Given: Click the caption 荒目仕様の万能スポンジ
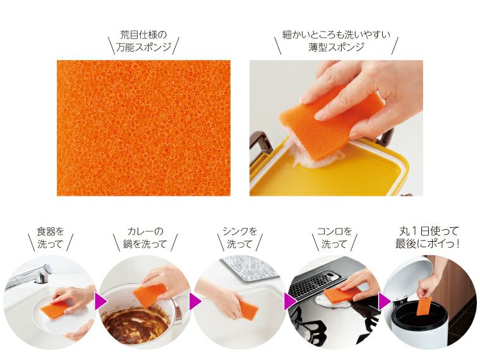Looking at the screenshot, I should pyautogui.click(x=143, y=40).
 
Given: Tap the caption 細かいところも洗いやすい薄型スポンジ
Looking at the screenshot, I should pyautogui.click(x=336, y=40).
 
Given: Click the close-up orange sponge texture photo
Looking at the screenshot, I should pyautogui.click(x=143, y=128).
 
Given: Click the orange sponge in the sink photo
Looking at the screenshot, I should pyautogui.click(x=248, y=310).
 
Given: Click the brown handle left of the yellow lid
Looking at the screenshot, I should pyautogui.click(x=260, y=147).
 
